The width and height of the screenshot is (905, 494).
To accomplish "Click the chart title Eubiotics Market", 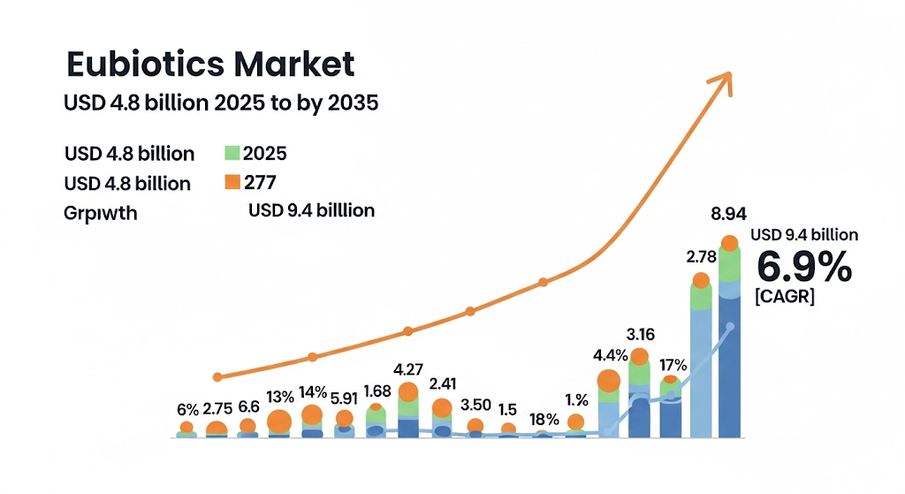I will [210, 65].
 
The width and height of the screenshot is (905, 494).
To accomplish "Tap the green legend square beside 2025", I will [232, 153].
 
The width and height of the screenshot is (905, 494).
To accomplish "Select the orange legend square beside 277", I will [232, 183].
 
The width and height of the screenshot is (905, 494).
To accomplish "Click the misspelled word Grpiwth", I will [101, 213].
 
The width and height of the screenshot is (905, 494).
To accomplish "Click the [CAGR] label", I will [785, 297].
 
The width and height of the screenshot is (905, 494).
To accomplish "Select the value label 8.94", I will [731, 214].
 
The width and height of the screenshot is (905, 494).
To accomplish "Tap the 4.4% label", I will [611, 356].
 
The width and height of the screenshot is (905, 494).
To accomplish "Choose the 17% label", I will [673, 364].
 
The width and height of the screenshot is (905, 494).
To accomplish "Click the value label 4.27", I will [408, 369].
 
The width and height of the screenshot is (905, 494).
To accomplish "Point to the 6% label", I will [188, 409].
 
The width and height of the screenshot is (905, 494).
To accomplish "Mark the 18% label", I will [544, 419].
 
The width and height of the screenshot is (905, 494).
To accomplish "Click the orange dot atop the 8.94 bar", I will [729, 243].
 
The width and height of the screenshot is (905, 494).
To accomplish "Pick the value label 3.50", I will [475, 406].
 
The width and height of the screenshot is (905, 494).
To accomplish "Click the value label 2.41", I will [442, 384].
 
